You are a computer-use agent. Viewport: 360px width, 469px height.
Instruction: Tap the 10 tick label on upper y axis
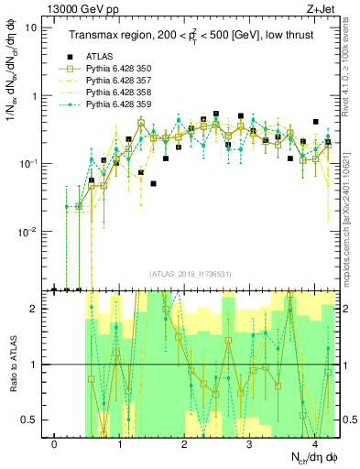(31, 27)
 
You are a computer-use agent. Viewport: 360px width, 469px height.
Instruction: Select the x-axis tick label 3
(249, 444)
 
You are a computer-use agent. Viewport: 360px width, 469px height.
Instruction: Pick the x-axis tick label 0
(55, 444)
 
